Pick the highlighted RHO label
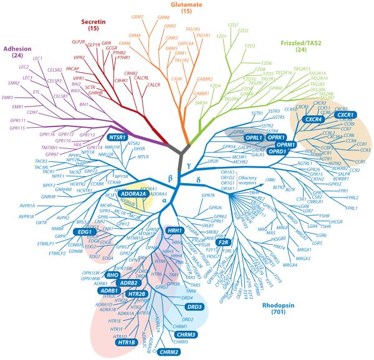[x=113, y=275]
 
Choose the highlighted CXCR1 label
[x=342, y=115]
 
